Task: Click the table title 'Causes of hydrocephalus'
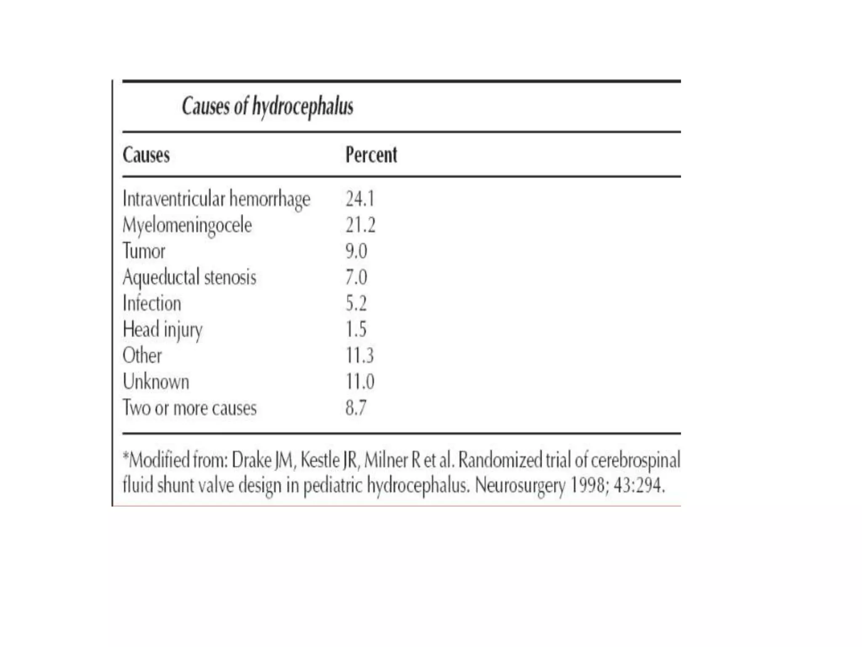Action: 267,106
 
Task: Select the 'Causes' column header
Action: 146,155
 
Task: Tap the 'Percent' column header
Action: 371,155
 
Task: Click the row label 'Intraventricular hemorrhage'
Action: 216,199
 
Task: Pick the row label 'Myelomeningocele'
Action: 187,225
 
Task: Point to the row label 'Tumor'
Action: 144,251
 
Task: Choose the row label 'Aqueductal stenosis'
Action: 189,277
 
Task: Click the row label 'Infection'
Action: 152,303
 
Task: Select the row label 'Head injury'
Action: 162,329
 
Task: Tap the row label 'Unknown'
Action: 156,382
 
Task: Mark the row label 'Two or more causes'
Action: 189,408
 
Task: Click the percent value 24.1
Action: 360,199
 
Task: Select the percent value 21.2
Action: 360,225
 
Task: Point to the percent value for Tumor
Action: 356,251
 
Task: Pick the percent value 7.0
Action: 356,277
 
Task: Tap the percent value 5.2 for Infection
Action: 356,303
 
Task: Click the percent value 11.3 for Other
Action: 359,356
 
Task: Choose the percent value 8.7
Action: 356,408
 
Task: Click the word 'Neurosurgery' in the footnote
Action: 520,486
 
